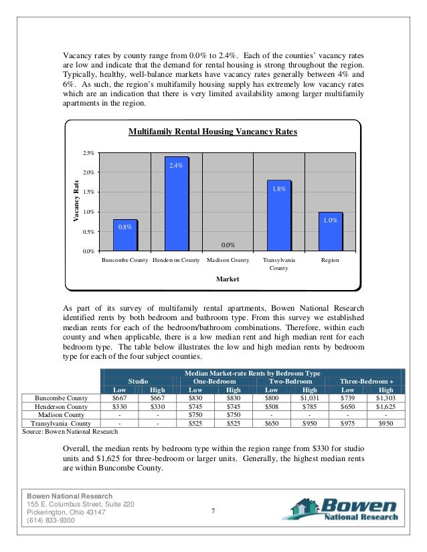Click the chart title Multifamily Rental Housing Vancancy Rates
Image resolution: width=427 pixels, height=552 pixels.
213,132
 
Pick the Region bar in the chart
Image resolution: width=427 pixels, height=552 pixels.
330,231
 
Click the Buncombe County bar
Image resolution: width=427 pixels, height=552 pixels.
125,235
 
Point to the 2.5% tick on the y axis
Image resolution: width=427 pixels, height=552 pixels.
88,153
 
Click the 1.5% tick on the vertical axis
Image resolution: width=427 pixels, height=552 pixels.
88,192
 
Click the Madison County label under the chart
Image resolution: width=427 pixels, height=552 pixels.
228,260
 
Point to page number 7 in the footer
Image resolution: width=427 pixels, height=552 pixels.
211,512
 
